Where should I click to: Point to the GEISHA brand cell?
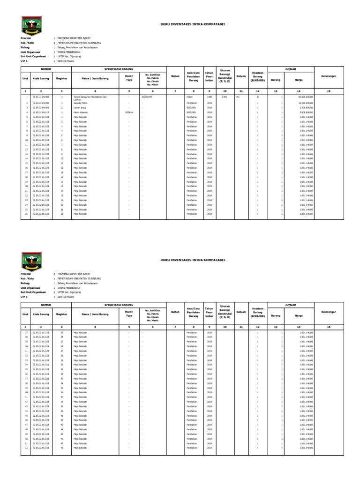[x=129, y=112]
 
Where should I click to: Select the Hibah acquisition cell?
[x=190, y=97]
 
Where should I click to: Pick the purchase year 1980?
[x=210, y=97]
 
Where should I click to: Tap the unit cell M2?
[x=238, y=97]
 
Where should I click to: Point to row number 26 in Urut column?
[x=27, y=214]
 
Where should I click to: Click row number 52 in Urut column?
[x=27, y=448]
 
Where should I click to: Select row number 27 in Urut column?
[x=27, y=332]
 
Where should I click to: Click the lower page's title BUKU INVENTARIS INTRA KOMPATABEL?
[x=193, y=259]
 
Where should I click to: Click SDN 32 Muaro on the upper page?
[x=65, y=60]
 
